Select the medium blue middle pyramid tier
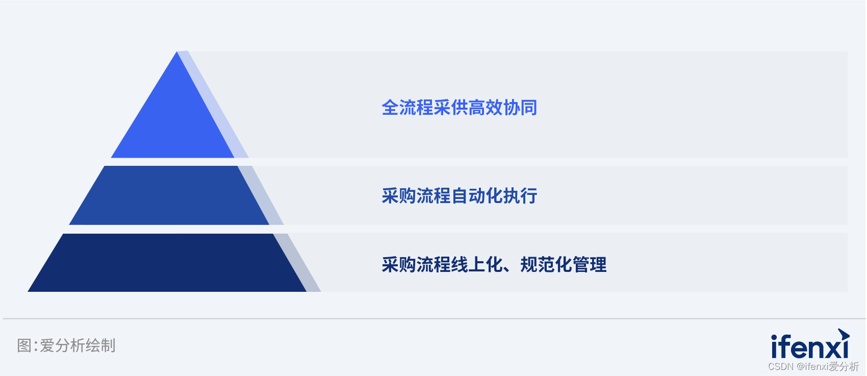(169, 195)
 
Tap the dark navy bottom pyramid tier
(167, 263)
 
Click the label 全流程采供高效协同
(460, 108)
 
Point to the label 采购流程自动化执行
(460, 195)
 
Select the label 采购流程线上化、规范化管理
(494, 264)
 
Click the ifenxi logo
(810, 344)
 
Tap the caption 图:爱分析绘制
(66, 345)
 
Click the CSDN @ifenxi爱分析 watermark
(813, 366)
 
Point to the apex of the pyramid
(177, 52)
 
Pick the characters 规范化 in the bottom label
(546, 264)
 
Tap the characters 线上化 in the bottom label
(477, 264)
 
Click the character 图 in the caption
(24, 345)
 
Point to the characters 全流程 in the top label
(407, 108)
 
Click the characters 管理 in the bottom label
(590, 264)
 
